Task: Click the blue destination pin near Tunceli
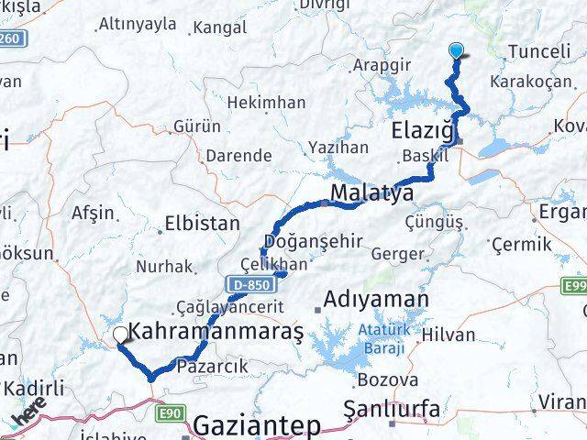click(456, 51)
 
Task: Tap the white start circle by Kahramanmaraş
click(119, 335)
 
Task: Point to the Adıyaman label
click(376, 300)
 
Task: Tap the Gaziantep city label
click(256, 426)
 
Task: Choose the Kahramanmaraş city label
click(216, 330)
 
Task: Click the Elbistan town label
click(202, 223)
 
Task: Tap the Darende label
click(238, 156)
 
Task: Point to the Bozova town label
click(381, 379)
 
